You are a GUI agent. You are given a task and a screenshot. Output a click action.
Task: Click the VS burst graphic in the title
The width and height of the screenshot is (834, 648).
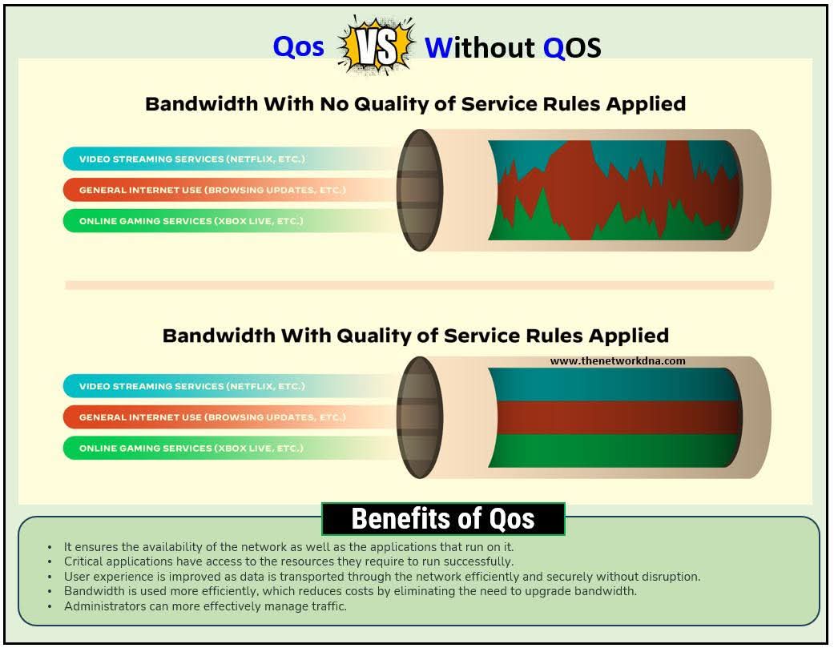[377, 45]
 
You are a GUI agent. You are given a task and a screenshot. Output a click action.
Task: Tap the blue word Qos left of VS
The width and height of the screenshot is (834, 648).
[298, 46]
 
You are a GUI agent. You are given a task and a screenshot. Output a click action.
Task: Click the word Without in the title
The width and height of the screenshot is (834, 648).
[480, 47]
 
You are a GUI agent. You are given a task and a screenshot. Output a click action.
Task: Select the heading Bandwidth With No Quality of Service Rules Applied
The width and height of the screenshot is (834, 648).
[416, 103]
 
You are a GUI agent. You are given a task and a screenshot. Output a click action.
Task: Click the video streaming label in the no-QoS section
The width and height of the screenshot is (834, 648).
[192, 159]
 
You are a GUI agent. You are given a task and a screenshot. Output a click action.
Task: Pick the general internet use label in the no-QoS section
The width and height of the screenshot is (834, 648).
[212, 190]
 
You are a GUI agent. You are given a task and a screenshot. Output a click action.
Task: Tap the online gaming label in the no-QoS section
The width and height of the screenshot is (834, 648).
[191, 220]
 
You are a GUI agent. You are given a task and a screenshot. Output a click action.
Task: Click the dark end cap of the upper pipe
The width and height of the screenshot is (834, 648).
[420, 190]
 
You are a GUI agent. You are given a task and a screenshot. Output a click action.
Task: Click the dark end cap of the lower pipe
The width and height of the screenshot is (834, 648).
[420, 417]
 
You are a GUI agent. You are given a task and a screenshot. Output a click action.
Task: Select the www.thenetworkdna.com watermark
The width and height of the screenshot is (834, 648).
[618, 361]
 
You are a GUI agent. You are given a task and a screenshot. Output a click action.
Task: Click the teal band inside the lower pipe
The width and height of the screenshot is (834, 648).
[614, 384]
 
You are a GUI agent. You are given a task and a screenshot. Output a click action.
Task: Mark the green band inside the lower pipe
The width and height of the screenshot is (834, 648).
[614, 451]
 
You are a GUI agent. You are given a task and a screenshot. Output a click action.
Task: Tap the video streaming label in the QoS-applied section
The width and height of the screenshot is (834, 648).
[192, 386]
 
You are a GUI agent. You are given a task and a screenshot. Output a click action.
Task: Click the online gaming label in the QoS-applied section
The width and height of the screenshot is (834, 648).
[191, 448]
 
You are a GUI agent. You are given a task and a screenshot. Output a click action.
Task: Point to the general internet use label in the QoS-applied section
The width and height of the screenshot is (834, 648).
[212, 417]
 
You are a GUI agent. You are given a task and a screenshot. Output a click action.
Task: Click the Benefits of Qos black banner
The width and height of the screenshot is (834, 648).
[443, 518]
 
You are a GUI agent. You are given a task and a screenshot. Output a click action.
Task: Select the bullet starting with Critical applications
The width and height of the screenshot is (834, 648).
[288, 561]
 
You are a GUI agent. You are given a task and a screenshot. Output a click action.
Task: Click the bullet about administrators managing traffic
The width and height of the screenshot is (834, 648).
[205, 606]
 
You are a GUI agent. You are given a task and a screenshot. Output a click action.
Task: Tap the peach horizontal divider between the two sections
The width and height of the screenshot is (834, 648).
[419, 285]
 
